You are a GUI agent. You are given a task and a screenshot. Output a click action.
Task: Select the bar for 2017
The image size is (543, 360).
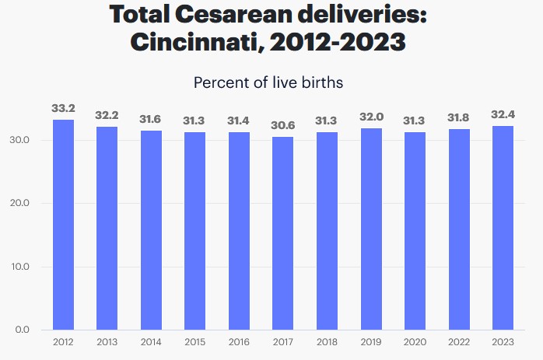pyautogui.click(x=282, y=232)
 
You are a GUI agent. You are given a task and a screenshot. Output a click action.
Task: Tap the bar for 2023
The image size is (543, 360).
pyautogui.click(x=503, y=227)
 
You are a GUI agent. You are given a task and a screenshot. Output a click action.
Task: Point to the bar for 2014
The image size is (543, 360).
pyautogui.click(x=151, y=229)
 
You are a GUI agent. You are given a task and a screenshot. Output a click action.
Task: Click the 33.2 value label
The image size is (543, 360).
pyautogui.click(x=63, y=108)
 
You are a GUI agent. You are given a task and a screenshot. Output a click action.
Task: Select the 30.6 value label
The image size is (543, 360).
pyautogui.click(x=282, y=124)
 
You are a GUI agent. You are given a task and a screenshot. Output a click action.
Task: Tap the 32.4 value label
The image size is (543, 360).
pyautogui.click(x=503, y=114)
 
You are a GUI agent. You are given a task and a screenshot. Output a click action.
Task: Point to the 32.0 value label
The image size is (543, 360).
pyautogui.click(x=371, y=116)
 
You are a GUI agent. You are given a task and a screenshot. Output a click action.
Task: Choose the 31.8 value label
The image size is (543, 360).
pyautogui.click(x=459, y=117)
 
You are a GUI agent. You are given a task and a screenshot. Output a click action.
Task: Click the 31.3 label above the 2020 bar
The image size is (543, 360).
pyautogui.click(x=415, y=121)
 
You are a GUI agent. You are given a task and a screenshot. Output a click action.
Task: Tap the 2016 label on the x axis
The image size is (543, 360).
pyautogui.click(x=239, y=342)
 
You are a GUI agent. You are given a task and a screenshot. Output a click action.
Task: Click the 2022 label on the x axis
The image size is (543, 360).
pyautogui.click(x=459, y=342)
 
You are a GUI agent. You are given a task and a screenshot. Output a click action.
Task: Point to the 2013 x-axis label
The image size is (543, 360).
pyautogui.click(x=107, y=342)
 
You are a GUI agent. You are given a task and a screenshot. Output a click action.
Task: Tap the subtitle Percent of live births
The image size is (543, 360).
pyautogui.click(x=268, y=82)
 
